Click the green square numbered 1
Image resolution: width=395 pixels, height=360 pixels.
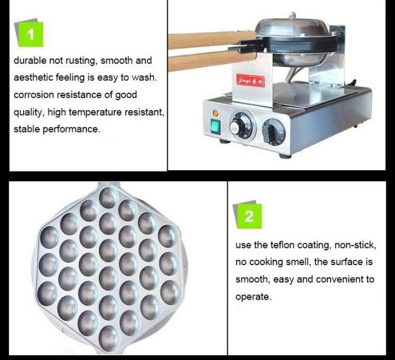(31, 34)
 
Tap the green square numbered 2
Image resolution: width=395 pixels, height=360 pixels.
(249, 216)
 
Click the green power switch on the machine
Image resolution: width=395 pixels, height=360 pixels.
(215, 127)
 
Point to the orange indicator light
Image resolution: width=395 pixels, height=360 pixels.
(215, 113)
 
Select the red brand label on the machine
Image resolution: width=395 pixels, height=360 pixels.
(250, 81)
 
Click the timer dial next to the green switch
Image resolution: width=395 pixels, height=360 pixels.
(242, 125)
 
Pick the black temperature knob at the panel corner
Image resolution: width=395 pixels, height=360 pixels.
(274, 132)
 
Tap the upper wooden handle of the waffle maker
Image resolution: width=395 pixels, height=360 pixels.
(212, 40)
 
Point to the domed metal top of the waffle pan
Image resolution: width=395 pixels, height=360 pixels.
(292, 27)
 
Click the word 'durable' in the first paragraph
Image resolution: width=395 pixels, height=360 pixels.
(30, 60)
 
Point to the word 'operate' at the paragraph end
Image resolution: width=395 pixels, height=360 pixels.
(253, 297)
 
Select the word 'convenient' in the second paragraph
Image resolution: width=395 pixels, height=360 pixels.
(340, 279)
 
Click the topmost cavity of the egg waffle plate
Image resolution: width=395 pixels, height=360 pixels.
(109, 198)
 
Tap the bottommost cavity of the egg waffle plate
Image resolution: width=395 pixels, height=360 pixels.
(109, 338)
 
